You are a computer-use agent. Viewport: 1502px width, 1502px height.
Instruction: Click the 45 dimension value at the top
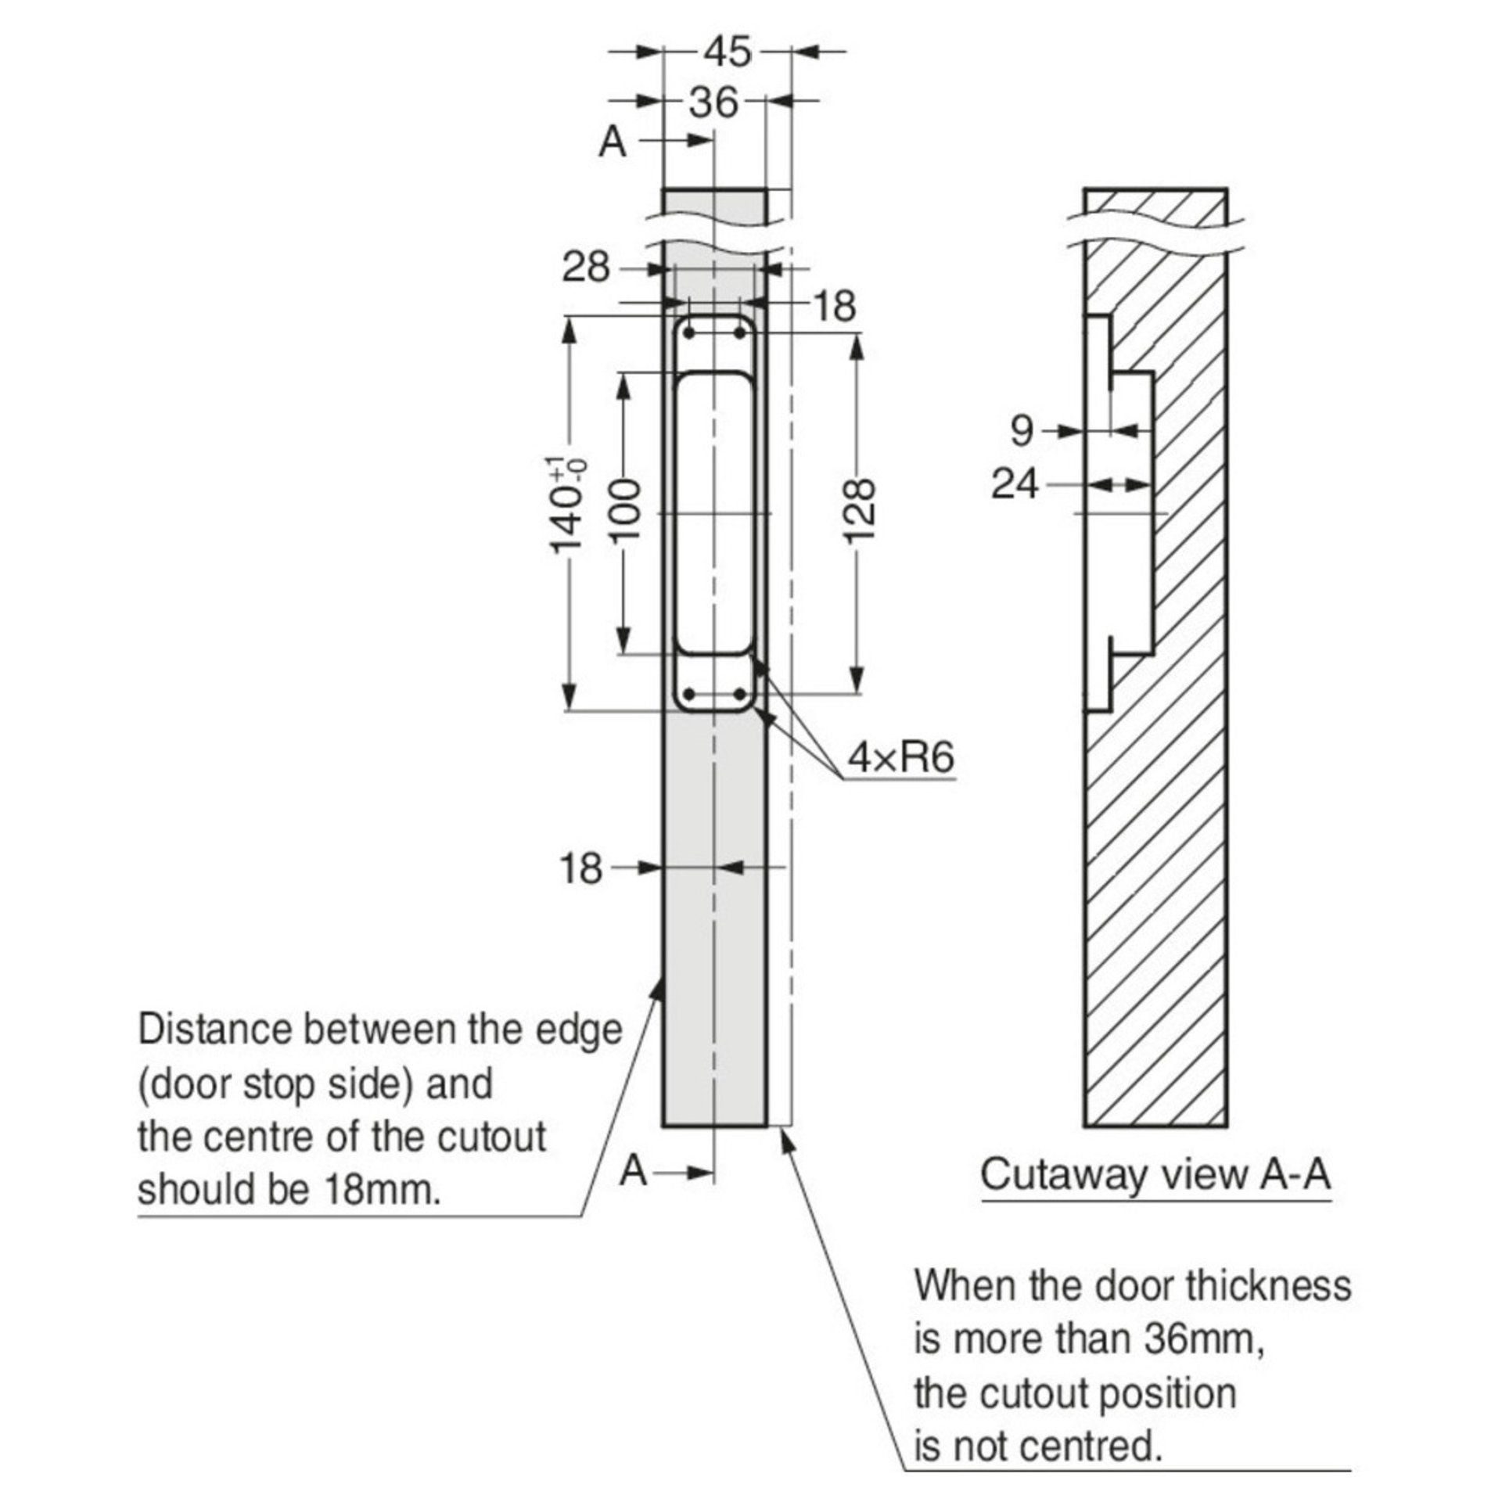[727, 52]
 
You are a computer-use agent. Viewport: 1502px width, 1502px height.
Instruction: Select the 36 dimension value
[713, 102]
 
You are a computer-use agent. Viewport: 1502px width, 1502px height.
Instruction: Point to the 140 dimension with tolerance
[569, 505]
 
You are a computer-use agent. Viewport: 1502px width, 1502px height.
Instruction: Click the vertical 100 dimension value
[626, 512]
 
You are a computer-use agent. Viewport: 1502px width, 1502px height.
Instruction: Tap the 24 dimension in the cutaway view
[1015, 484]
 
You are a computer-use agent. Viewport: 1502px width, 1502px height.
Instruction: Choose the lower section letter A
[634, 1193]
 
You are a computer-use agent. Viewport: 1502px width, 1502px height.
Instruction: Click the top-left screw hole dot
[689, 333]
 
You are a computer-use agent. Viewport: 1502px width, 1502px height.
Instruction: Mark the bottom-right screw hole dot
[738, 695]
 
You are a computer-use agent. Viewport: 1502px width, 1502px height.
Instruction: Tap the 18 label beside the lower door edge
[581, 868]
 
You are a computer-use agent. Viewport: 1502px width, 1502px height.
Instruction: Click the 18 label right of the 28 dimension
[835, 306]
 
